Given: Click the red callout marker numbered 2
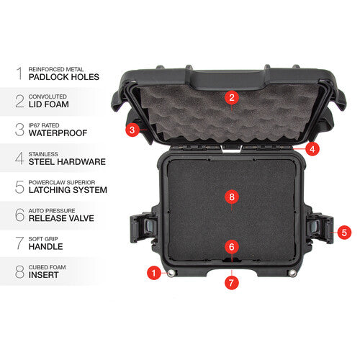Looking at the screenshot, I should (231, 97).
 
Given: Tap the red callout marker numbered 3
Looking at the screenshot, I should (132, 130).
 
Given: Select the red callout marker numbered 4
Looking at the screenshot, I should (312, 149).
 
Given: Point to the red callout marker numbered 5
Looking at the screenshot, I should (344, 233).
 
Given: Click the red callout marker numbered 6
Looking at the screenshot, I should (231, 246).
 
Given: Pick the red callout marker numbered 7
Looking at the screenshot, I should (231, 282).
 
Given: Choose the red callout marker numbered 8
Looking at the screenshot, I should (231, 196).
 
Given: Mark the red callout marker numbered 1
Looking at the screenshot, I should (153, 273).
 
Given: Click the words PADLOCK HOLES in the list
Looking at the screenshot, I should (63, 76).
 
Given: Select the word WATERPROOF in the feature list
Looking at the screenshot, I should (59, 133).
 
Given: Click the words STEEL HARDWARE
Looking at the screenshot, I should (66, 162).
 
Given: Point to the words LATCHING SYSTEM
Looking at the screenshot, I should (68, 190).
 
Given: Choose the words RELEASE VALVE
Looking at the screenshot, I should (63, 218).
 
